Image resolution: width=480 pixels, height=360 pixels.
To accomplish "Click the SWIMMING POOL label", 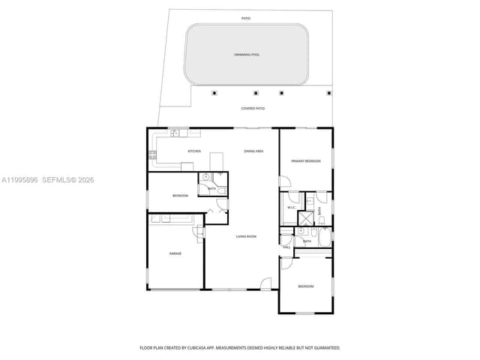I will tap(246, 55).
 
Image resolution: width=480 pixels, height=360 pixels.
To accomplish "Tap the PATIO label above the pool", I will tap(246, 17).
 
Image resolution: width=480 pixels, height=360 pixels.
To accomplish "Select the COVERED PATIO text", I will tap(253, 108).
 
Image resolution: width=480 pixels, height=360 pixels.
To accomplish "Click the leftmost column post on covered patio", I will tap(215, 93).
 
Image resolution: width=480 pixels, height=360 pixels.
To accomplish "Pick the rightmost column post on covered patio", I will tap(328, 93).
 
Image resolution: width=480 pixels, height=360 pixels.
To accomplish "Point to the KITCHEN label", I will tap(194, 151).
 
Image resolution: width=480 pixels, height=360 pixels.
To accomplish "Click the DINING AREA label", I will tap(253, 151).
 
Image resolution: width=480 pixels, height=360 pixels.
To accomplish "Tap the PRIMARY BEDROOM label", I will tap(306, 161).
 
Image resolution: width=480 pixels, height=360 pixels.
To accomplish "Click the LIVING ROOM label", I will tap(246, 237).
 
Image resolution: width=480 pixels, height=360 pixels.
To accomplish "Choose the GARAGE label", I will tap(175, 253).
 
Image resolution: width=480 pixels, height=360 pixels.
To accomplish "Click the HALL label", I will tap(286, 245).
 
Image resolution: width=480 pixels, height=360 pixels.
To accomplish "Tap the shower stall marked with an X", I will tap(306, 218).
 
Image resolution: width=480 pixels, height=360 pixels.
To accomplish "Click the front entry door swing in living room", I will tap(265, 283).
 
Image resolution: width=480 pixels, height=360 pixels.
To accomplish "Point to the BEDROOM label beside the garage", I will tap(180, 196).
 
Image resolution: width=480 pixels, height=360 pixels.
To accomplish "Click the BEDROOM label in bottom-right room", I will tap(305, 286).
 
